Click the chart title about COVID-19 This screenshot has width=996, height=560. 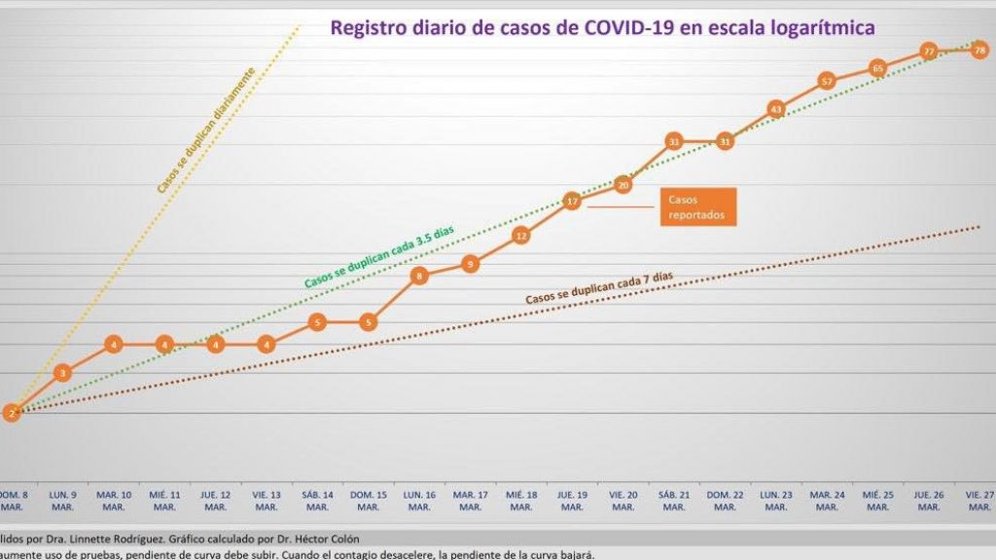(x=603, y=27)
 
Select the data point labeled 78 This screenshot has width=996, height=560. (x=979, y=50)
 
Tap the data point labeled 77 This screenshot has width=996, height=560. (x=929, y=51)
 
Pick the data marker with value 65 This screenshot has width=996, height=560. (x=877, y=68)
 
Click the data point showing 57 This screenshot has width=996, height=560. (x=827, y=81)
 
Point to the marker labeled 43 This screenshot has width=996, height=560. (x=775, y=109)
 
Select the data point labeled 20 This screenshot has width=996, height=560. (x=623, y=183)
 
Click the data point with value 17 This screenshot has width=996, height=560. (x=572, y=202)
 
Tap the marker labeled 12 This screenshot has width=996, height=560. (x=521, y=235)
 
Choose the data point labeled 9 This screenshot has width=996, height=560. (x=470, y=263)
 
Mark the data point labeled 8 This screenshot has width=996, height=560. (x=419, y=276)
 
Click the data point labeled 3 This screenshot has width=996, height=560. (x=62, y=372)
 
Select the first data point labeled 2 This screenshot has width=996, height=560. (x=12, y=412)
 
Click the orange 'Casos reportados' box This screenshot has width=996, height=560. (x=697, y=206)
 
